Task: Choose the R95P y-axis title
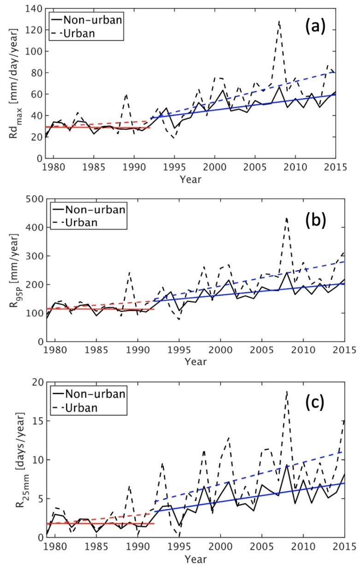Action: [11, 270]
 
